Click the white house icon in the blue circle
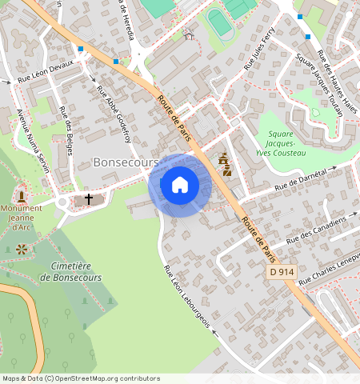coord(180,185)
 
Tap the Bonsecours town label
coord(126,162)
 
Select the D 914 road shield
coord(282,273)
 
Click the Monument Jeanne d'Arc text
coord(22,217)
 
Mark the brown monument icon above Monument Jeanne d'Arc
coord(21,194)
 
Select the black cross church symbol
coord(89,198)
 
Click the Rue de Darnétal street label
coord(301,180)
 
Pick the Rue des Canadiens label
coord(317,230)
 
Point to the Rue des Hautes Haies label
coord(336,75)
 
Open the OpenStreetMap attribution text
coord(80,378)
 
